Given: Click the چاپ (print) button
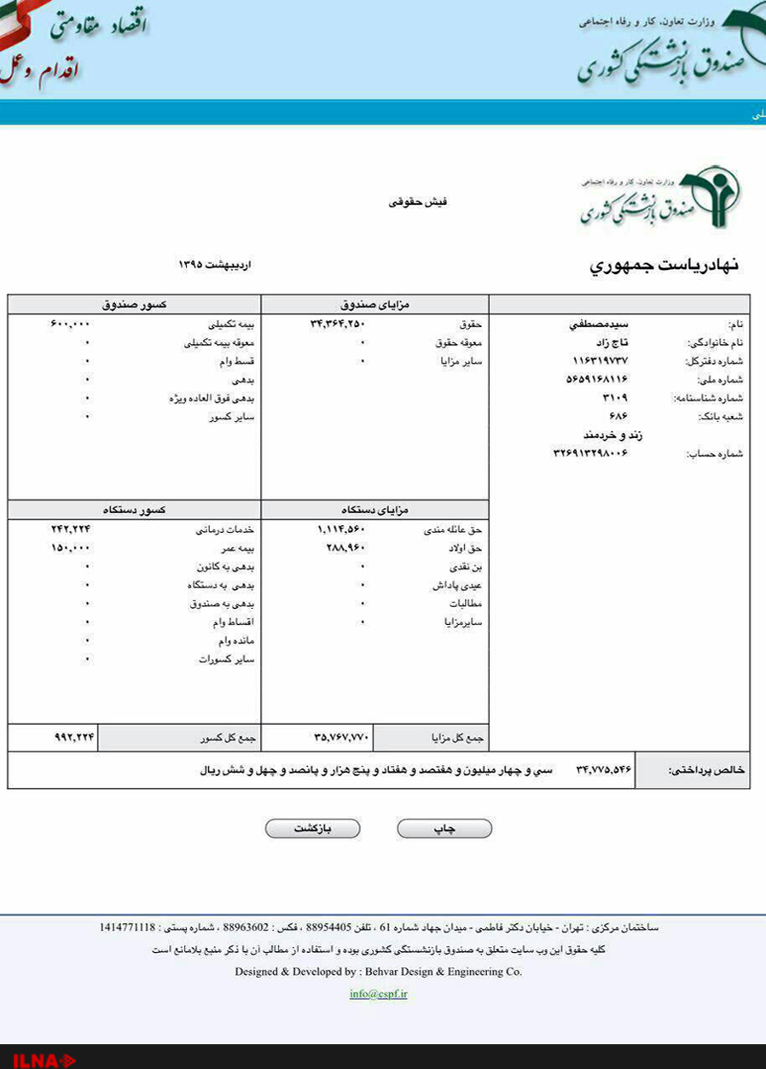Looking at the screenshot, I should tap(444, 828).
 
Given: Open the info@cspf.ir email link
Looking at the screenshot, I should tap(378, 994).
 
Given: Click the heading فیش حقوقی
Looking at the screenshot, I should tap(425, 202).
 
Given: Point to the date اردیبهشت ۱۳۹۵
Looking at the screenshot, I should tap(215, 265).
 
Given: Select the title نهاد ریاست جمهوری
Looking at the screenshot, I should tap(664, 266).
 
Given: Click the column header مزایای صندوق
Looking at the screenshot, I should tap(374, 304).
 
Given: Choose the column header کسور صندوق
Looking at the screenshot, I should tap(135, 304).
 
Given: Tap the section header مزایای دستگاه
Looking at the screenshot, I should tap(374, 510).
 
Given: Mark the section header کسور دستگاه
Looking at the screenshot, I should tap(135, 510).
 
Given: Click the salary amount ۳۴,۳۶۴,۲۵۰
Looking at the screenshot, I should tap(337, 324).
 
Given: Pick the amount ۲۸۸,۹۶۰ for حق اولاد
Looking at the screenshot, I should tap(345, 547).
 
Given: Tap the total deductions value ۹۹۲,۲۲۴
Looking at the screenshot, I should tap(73, 737).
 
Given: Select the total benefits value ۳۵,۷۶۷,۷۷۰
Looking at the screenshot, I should tap(340, 737).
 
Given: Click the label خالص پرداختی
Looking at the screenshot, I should tap(705, 770).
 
